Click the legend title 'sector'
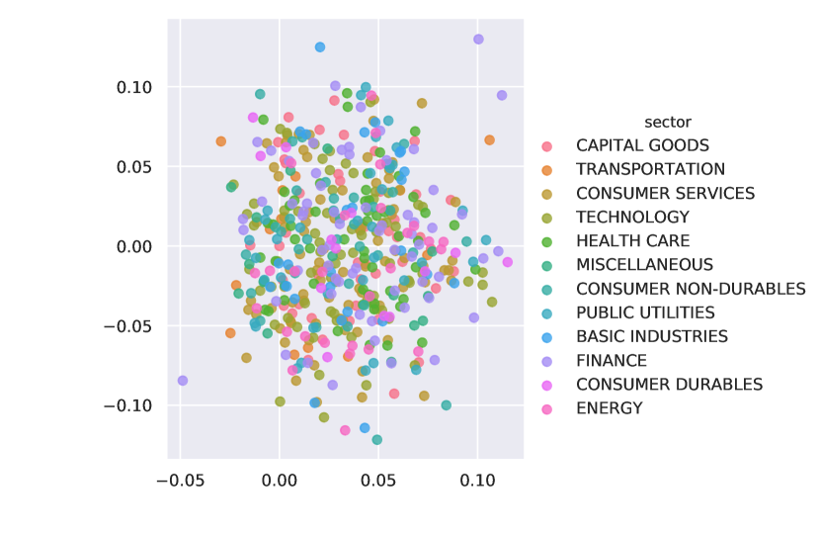pos(667,122)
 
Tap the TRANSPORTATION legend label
pos(650,170)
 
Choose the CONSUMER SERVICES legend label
pos(665,194)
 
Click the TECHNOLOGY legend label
pos(632,218)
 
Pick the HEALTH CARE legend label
pos(632,241)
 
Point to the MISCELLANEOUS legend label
pos(644,265)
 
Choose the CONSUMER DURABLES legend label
pos(669,385)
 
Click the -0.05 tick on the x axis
pos(181,481)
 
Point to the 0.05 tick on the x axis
pos(378,481)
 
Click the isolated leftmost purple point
pos(183,380)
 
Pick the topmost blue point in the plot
pos(320,46)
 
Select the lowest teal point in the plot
pos(377,439)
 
